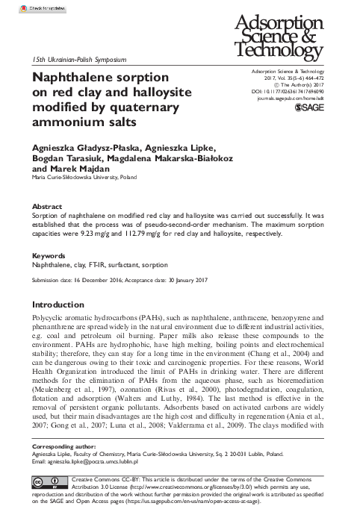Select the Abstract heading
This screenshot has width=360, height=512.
(x=47, y=205)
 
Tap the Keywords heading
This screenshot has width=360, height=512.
(x=49, y=255)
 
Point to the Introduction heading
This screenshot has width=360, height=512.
(x=58, y=305)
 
